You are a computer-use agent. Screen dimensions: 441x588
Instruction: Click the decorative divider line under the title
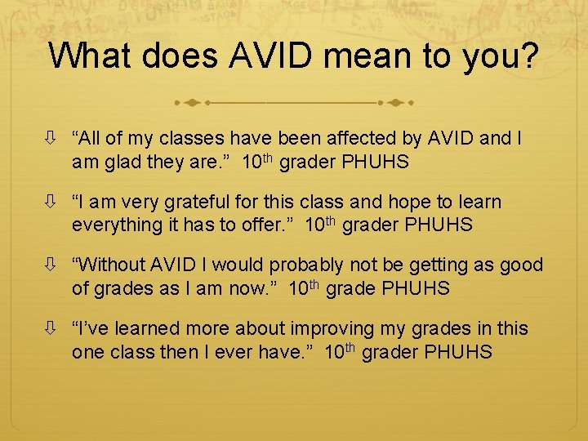pyautogui.click(x=294, y=104)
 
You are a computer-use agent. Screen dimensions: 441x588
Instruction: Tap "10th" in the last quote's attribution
pyautogui.click(x=339, y=351)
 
